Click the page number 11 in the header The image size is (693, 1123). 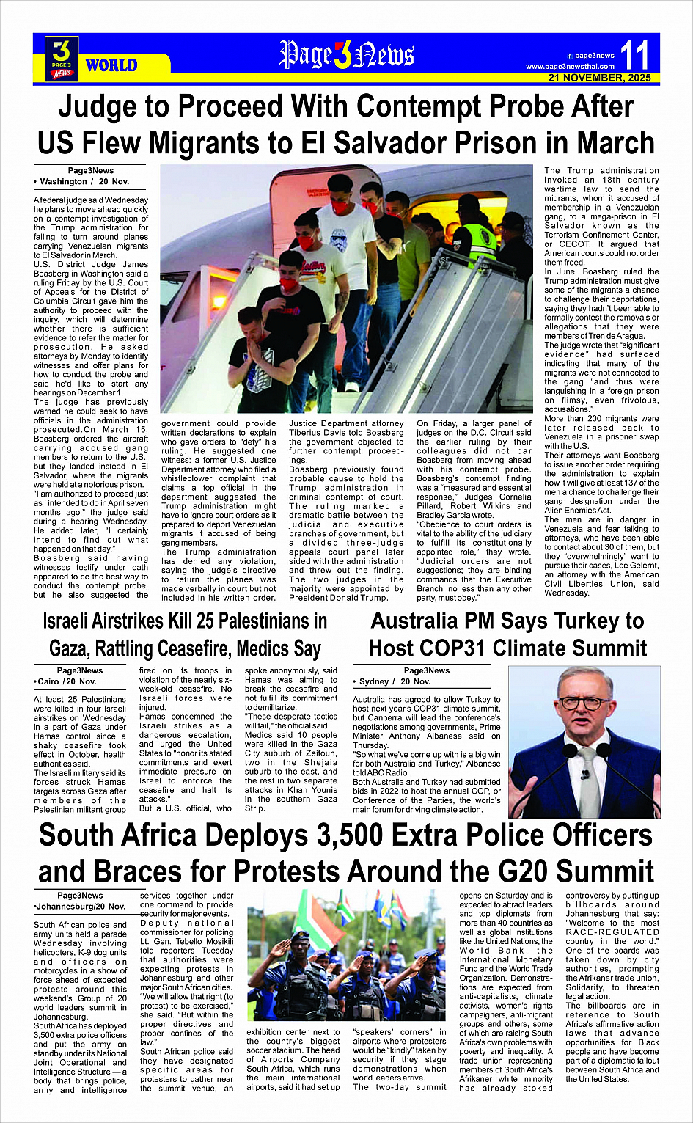tap(634, 55)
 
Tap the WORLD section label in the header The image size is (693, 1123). tap(111, 65)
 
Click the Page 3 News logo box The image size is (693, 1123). tap(62, 58)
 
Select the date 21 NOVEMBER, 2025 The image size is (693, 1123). tap(599, 78)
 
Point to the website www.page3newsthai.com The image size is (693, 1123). tap(570, 67)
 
